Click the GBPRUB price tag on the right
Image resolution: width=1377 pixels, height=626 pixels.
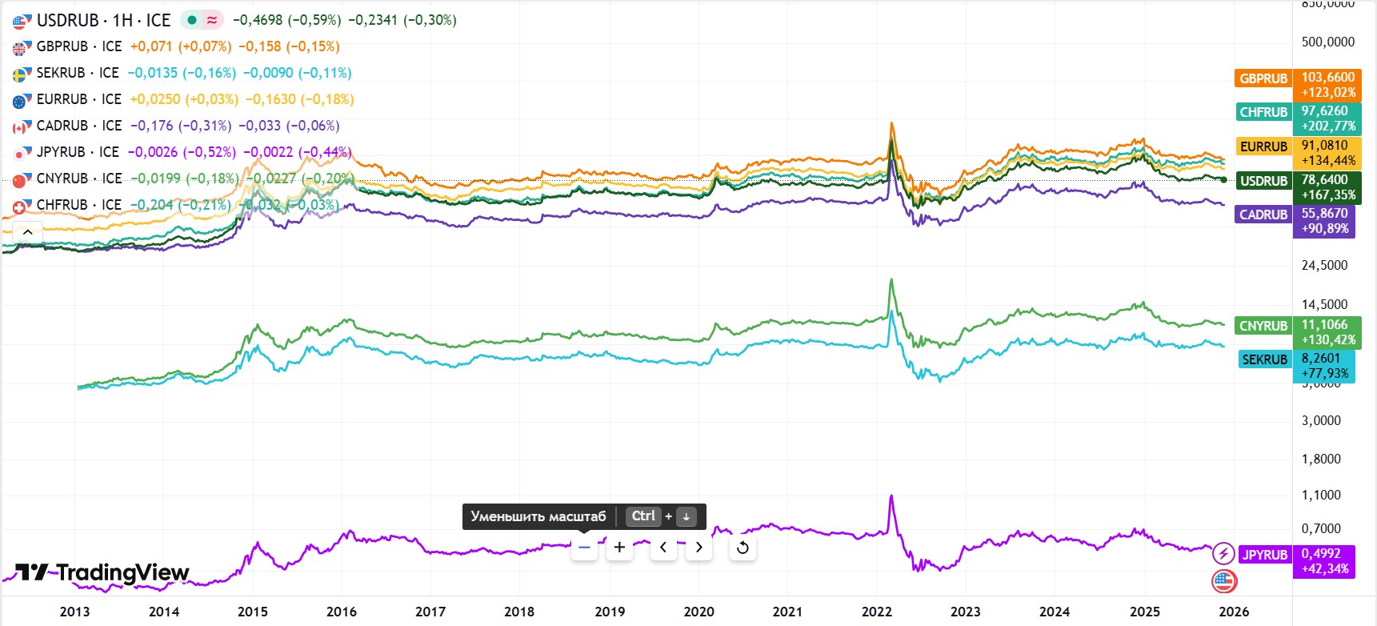[x=1297, y=84]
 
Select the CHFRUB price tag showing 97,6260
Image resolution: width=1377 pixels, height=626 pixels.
[x=1297, y=118]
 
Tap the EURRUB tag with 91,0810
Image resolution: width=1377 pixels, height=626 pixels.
[x=1297, y=152]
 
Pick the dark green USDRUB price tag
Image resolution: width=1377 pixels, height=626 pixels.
[x=1297, y=187]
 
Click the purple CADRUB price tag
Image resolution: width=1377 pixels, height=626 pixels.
[x=1297, y=220]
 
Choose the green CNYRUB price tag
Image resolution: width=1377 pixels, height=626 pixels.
[x=1297, y=331]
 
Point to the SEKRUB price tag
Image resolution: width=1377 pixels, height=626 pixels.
[x=1297, y=365]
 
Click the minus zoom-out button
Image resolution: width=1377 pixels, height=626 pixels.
[x=584, y=548]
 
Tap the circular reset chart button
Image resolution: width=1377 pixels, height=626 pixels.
[x=743, y=548]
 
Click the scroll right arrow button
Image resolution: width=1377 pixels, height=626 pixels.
[x=699, y=548]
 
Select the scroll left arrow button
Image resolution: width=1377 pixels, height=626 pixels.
[x=663, y=548]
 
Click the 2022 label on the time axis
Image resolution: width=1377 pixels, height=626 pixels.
[x=876, y=612]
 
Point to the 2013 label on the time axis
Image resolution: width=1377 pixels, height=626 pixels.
[x=74, y=612]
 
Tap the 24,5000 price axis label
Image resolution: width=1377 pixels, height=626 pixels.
[x=1324, y=265]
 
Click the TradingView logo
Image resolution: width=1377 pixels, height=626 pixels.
[x=102, y=572]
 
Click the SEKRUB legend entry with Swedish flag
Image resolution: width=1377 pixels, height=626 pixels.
[x=77, y=73]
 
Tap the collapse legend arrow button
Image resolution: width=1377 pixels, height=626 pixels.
[x=27, y=232]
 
